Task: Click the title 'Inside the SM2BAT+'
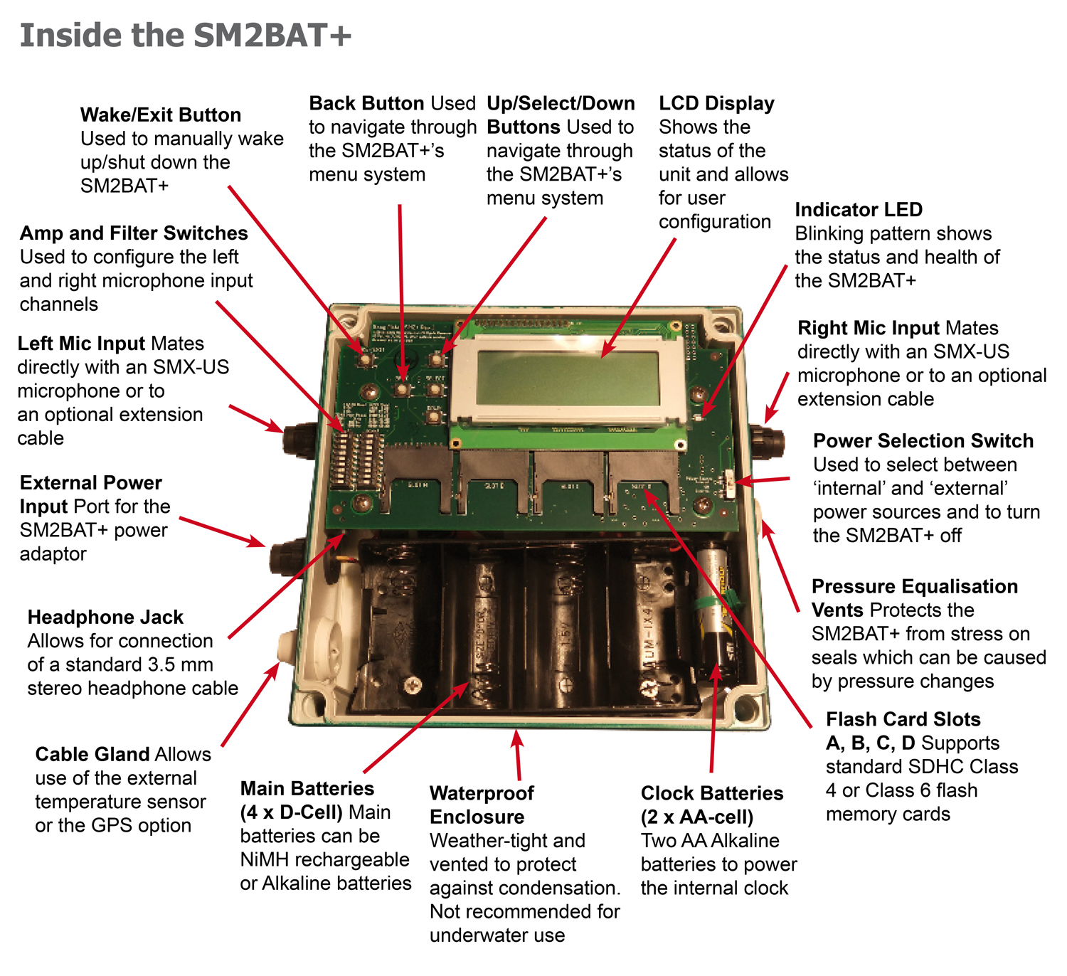186,36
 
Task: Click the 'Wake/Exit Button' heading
160,115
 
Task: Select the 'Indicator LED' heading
858,210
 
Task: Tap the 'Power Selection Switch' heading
923,441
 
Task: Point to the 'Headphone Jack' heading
105,617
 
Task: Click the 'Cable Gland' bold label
92,754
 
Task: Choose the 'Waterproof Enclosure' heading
482,805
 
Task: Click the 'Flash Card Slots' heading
903,719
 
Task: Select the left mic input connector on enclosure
299,440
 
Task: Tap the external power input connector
287,555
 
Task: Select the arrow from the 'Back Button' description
401,292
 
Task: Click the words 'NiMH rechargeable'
324,859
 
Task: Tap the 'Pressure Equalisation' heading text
914,586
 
